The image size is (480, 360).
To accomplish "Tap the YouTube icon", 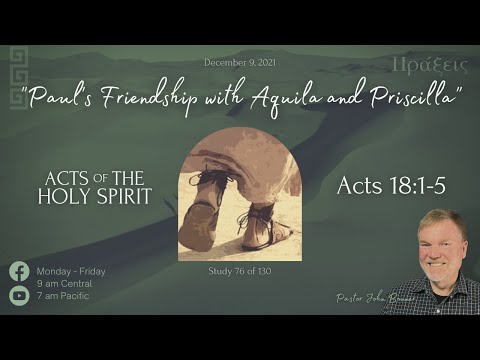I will (19, 295).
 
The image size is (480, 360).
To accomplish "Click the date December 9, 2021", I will (238, 62).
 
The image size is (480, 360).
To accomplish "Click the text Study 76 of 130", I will (239, 271).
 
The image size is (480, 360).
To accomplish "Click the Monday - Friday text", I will (71, 271).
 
